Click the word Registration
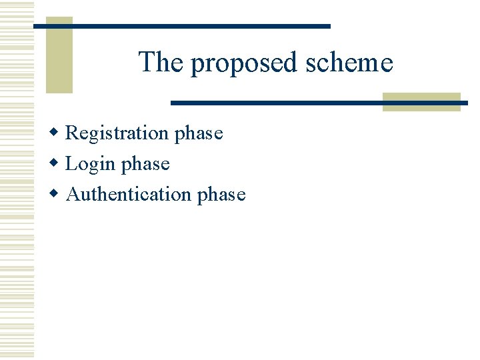117,133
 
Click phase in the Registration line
198,134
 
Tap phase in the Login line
145,165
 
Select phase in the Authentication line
221,195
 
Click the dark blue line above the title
200,26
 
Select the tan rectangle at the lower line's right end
421,101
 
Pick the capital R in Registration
72,133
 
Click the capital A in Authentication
73,194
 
